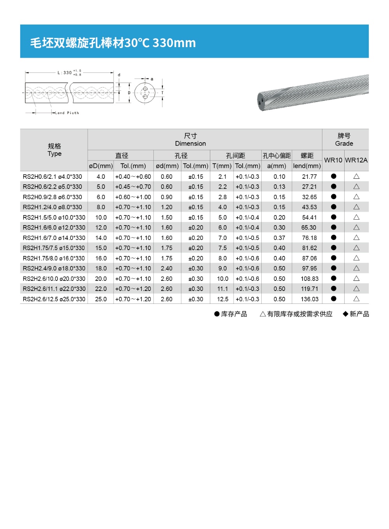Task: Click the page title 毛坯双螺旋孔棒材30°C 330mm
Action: point(113,42)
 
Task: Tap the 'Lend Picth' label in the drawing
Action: point(67,113)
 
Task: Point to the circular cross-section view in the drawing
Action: point(145,93)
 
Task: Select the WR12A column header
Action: point(356,160)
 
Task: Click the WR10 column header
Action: point(333,160)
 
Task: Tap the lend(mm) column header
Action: point(307,166)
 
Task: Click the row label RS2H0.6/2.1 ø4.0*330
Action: point(53,177)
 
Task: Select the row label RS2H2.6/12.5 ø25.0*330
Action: point(54,299)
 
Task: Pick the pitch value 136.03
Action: point(310,299)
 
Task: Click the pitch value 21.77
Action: point(310,177)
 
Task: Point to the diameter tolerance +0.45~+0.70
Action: point(133,187)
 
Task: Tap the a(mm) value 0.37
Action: point(279,238)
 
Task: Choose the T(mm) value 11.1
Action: point(222,289)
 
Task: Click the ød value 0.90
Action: point(167,197)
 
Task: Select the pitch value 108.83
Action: point(310,279)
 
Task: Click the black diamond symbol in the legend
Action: point(345,314)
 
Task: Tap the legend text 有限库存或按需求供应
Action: point(299,314)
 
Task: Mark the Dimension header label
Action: point(190,144)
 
